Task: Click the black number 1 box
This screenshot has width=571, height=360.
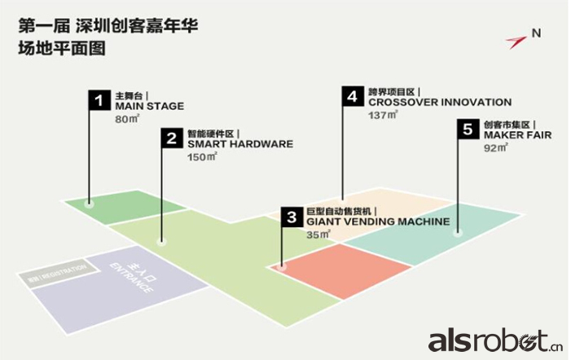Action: tap(99, 101)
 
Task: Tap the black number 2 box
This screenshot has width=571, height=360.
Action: tap(171, 138)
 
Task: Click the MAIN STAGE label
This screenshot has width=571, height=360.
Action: tap(149, 106)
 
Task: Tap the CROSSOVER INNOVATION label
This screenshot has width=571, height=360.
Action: tap(439, 102)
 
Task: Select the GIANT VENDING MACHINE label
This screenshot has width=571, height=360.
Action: tap(377, 221)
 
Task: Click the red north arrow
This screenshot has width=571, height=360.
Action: tap(516, 39)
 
